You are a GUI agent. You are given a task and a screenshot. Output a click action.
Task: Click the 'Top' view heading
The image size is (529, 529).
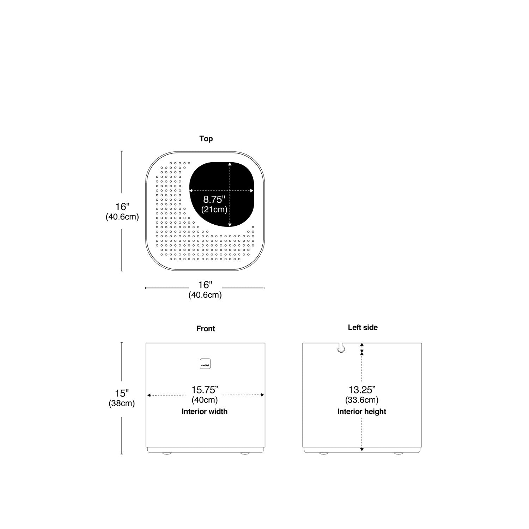[206, 139]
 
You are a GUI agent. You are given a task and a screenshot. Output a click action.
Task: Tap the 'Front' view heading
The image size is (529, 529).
[206, 329]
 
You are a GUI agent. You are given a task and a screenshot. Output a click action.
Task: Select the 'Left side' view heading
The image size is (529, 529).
[363, 327]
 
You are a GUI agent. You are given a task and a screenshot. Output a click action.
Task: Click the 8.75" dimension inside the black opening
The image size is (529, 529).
[214, 200]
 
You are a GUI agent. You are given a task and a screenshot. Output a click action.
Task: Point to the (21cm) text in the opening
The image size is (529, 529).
[214, 209]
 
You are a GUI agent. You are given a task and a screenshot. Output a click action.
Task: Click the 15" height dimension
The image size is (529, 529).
[122, 393]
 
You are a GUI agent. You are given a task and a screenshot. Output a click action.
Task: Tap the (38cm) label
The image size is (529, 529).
[122, 403]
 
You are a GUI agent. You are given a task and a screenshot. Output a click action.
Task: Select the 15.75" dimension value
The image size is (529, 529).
[205, 390]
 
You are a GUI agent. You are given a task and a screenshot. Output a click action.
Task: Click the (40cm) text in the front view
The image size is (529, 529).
[205, 400]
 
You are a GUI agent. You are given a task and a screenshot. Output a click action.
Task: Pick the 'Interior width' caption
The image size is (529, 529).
[205, 412]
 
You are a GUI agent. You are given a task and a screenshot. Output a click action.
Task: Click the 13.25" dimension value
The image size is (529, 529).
[362, 390]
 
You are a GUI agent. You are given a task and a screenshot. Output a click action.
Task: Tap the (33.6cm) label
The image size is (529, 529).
[362, 400]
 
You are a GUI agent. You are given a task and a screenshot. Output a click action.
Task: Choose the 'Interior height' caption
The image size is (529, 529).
[362, 412]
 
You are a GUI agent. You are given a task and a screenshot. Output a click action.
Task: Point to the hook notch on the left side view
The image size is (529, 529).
[340, 348]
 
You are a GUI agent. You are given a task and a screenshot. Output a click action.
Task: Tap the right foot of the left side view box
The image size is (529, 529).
[399, 453]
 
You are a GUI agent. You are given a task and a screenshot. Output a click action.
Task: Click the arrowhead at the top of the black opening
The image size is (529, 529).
[230, 164]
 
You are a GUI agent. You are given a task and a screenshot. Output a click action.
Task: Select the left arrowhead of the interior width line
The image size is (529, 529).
[149, 395]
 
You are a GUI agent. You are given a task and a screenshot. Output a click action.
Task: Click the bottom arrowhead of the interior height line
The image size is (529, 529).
[362, 449]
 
